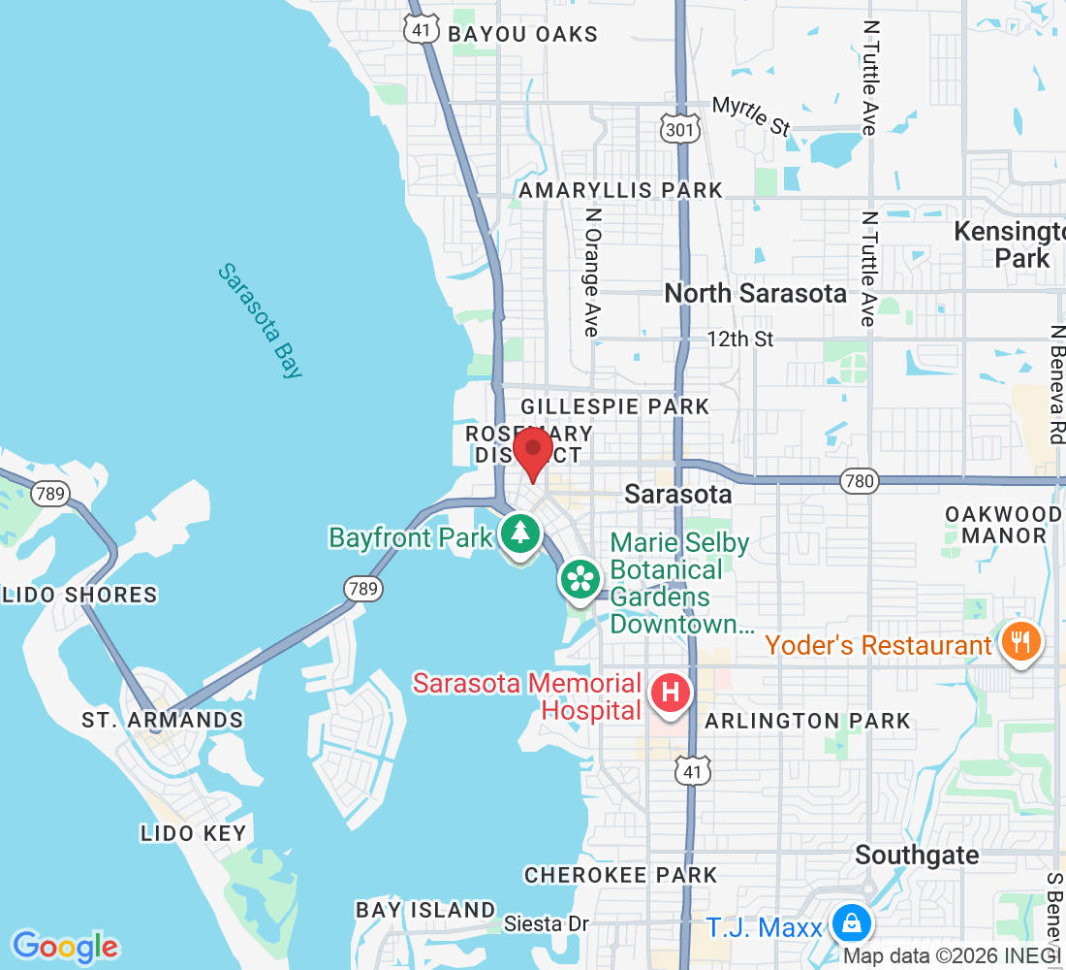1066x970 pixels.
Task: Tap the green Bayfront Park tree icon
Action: pos(520,533)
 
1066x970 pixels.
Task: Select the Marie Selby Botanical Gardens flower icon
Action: pos(580,580)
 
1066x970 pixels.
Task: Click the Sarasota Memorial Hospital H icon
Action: pos(670,694)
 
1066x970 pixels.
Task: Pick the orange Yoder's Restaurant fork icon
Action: pos(1019,641)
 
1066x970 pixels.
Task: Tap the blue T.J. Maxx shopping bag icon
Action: pos(850,923)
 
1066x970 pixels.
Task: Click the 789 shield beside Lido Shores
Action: pos(50,494)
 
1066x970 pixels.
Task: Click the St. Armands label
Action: pos(163,720)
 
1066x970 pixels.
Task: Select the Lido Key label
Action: pos(194,832)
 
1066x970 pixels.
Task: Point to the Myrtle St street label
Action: pos(751,114)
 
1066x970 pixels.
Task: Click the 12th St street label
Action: pos(740,339)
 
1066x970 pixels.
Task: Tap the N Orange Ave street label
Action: pos(592,273)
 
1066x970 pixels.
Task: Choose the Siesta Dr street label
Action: pos(547,924)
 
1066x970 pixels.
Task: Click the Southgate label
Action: pos(917,855)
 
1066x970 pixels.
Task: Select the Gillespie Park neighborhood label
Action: pos(615,405)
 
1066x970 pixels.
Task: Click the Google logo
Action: pos(66,946)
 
